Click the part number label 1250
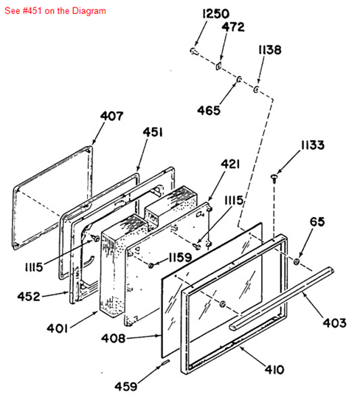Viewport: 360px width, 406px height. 215,14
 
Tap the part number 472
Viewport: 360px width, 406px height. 233,27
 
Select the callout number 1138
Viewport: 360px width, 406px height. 270,49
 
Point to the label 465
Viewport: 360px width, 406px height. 209,111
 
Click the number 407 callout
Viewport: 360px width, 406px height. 112,116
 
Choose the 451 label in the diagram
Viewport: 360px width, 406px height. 153,132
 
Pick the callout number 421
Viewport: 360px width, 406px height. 230,164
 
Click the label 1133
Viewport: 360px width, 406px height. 313,145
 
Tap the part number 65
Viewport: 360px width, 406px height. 317,222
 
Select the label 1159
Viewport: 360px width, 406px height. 180,258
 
